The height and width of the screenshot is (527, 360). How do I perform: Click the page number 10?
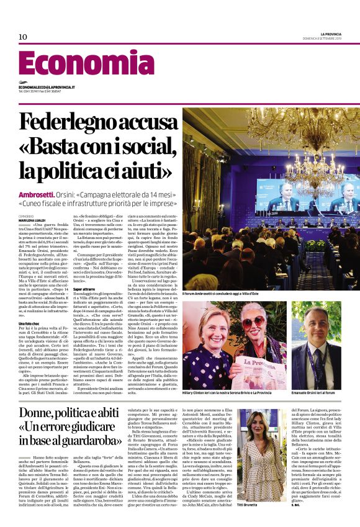23,37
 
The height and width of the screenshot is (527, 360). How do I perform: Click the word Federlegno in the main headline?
79,121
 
